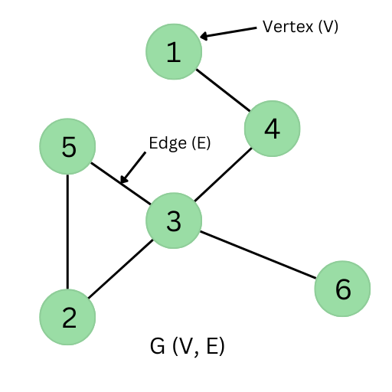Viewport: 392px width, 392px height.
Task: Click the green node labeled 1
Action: pos(174,51)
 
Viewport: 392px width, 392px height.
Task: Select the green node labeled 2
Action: pos(67,317)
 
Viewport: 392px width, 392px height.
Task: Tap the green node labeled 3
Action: pos(174,220)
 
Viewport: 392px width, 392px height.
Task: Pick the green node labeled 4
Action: pos(273,129)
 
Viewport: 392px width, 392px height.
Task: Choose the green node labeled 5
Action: pos(67,146)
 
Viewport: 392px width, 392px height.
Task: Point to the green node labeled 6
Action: pos(342,289)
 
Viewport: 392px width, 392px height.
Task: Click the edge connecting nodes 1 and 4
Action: pos(223,90)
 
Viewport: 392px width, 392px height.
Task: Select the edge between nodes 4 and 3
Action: pos(223,175)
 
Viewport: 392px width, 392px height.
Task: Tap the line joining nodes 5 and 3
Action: pos(121,183)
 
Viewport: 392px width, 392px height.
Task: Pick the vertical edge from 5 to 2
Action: pos(67,232)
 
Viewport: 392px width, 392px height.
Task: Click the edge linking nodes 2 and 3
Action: pos(120,269)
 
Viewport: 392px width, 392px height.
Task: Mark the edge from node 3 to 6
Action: pos(258,255)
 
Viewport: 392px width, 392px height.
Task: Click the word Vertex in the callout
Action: pos(288,27)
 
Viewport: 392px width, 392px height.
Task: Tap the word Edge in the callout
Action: pos(168,143)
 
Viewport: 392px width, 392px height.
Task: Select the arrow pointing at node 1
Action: pos(228,33)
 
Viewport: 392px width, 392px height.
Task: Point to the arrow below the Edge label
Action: pos(132,168)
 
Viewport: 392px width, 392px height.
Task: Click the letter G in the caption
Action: pos(157,346)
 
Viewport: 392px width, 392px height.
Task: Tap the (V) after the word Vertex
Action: pos(328,27)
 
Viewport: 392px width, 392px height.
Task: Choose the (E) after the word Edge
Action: pos(201,143)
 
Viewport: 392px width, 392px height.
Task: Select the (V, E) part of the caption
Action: pos(198,346)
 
